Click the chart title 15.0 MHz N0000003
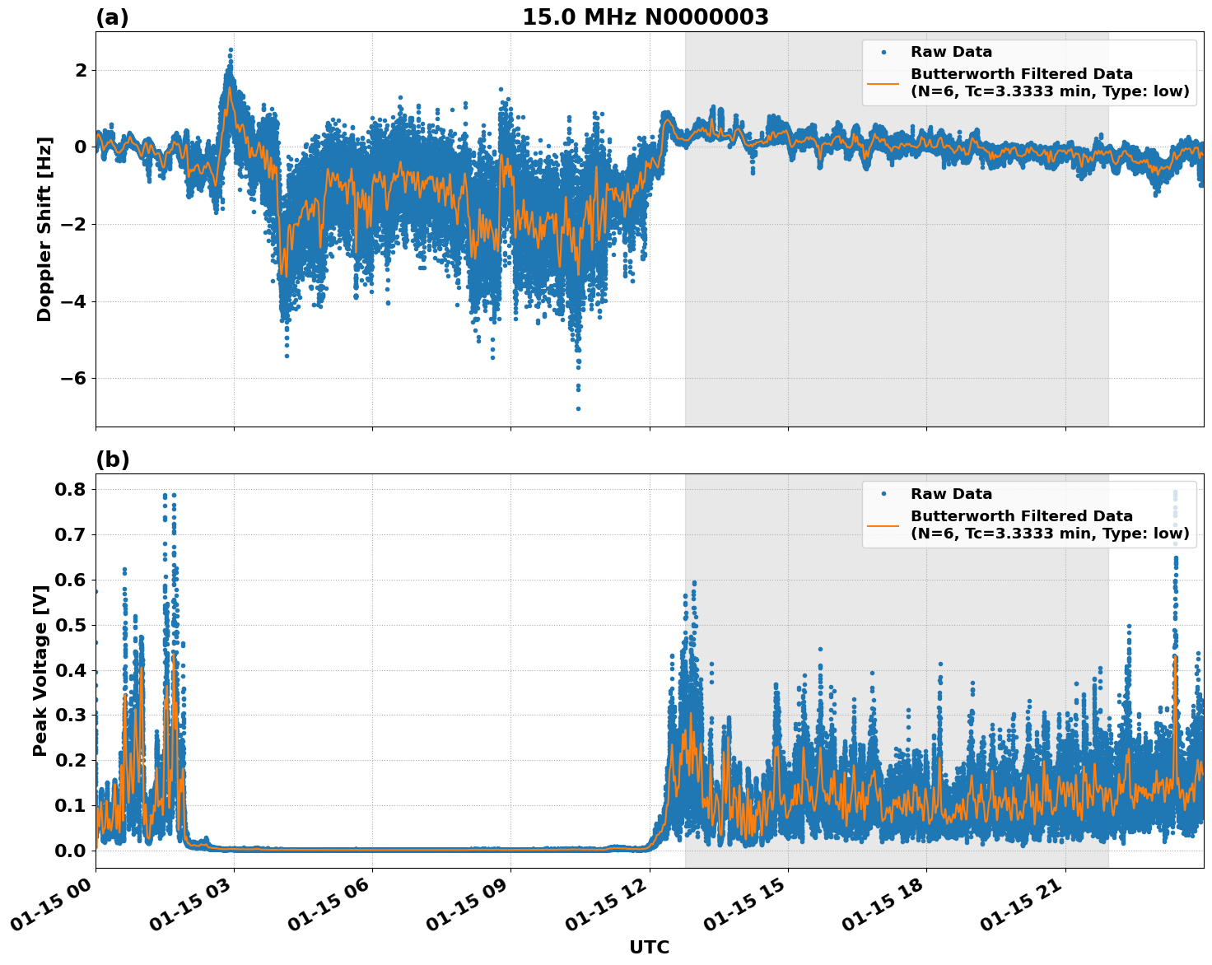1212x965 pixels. coord(645,17)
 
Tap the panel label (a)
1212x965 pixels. coord(112,17)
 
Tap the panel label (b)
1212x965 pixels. coord(112,459)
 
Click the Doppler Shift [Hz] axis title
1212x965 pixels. coord(44,229)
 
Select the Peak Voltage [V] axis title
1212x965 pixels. coord(40,665)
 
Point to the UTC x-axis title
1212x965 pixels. coord(649,947)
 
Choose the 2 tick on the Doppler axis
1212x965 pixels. coord(81,70)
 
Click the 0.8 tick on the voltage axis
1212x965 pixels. coord(70,489)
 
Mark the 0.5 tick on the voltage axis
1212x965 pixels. coord(70,625)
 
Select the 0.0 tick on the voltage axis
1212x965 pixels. coord(70,851)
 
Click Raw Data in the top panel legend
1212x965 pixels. coord(951,52)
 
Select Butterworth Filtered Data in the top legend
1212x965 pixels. coord(1021,74)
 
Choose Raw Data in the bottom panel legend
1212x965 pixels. coord(951,494)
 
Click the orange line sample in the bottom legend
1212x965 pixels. coord(883,524)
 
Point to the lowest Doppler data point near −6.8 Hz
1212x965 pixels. coord(578,408)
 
